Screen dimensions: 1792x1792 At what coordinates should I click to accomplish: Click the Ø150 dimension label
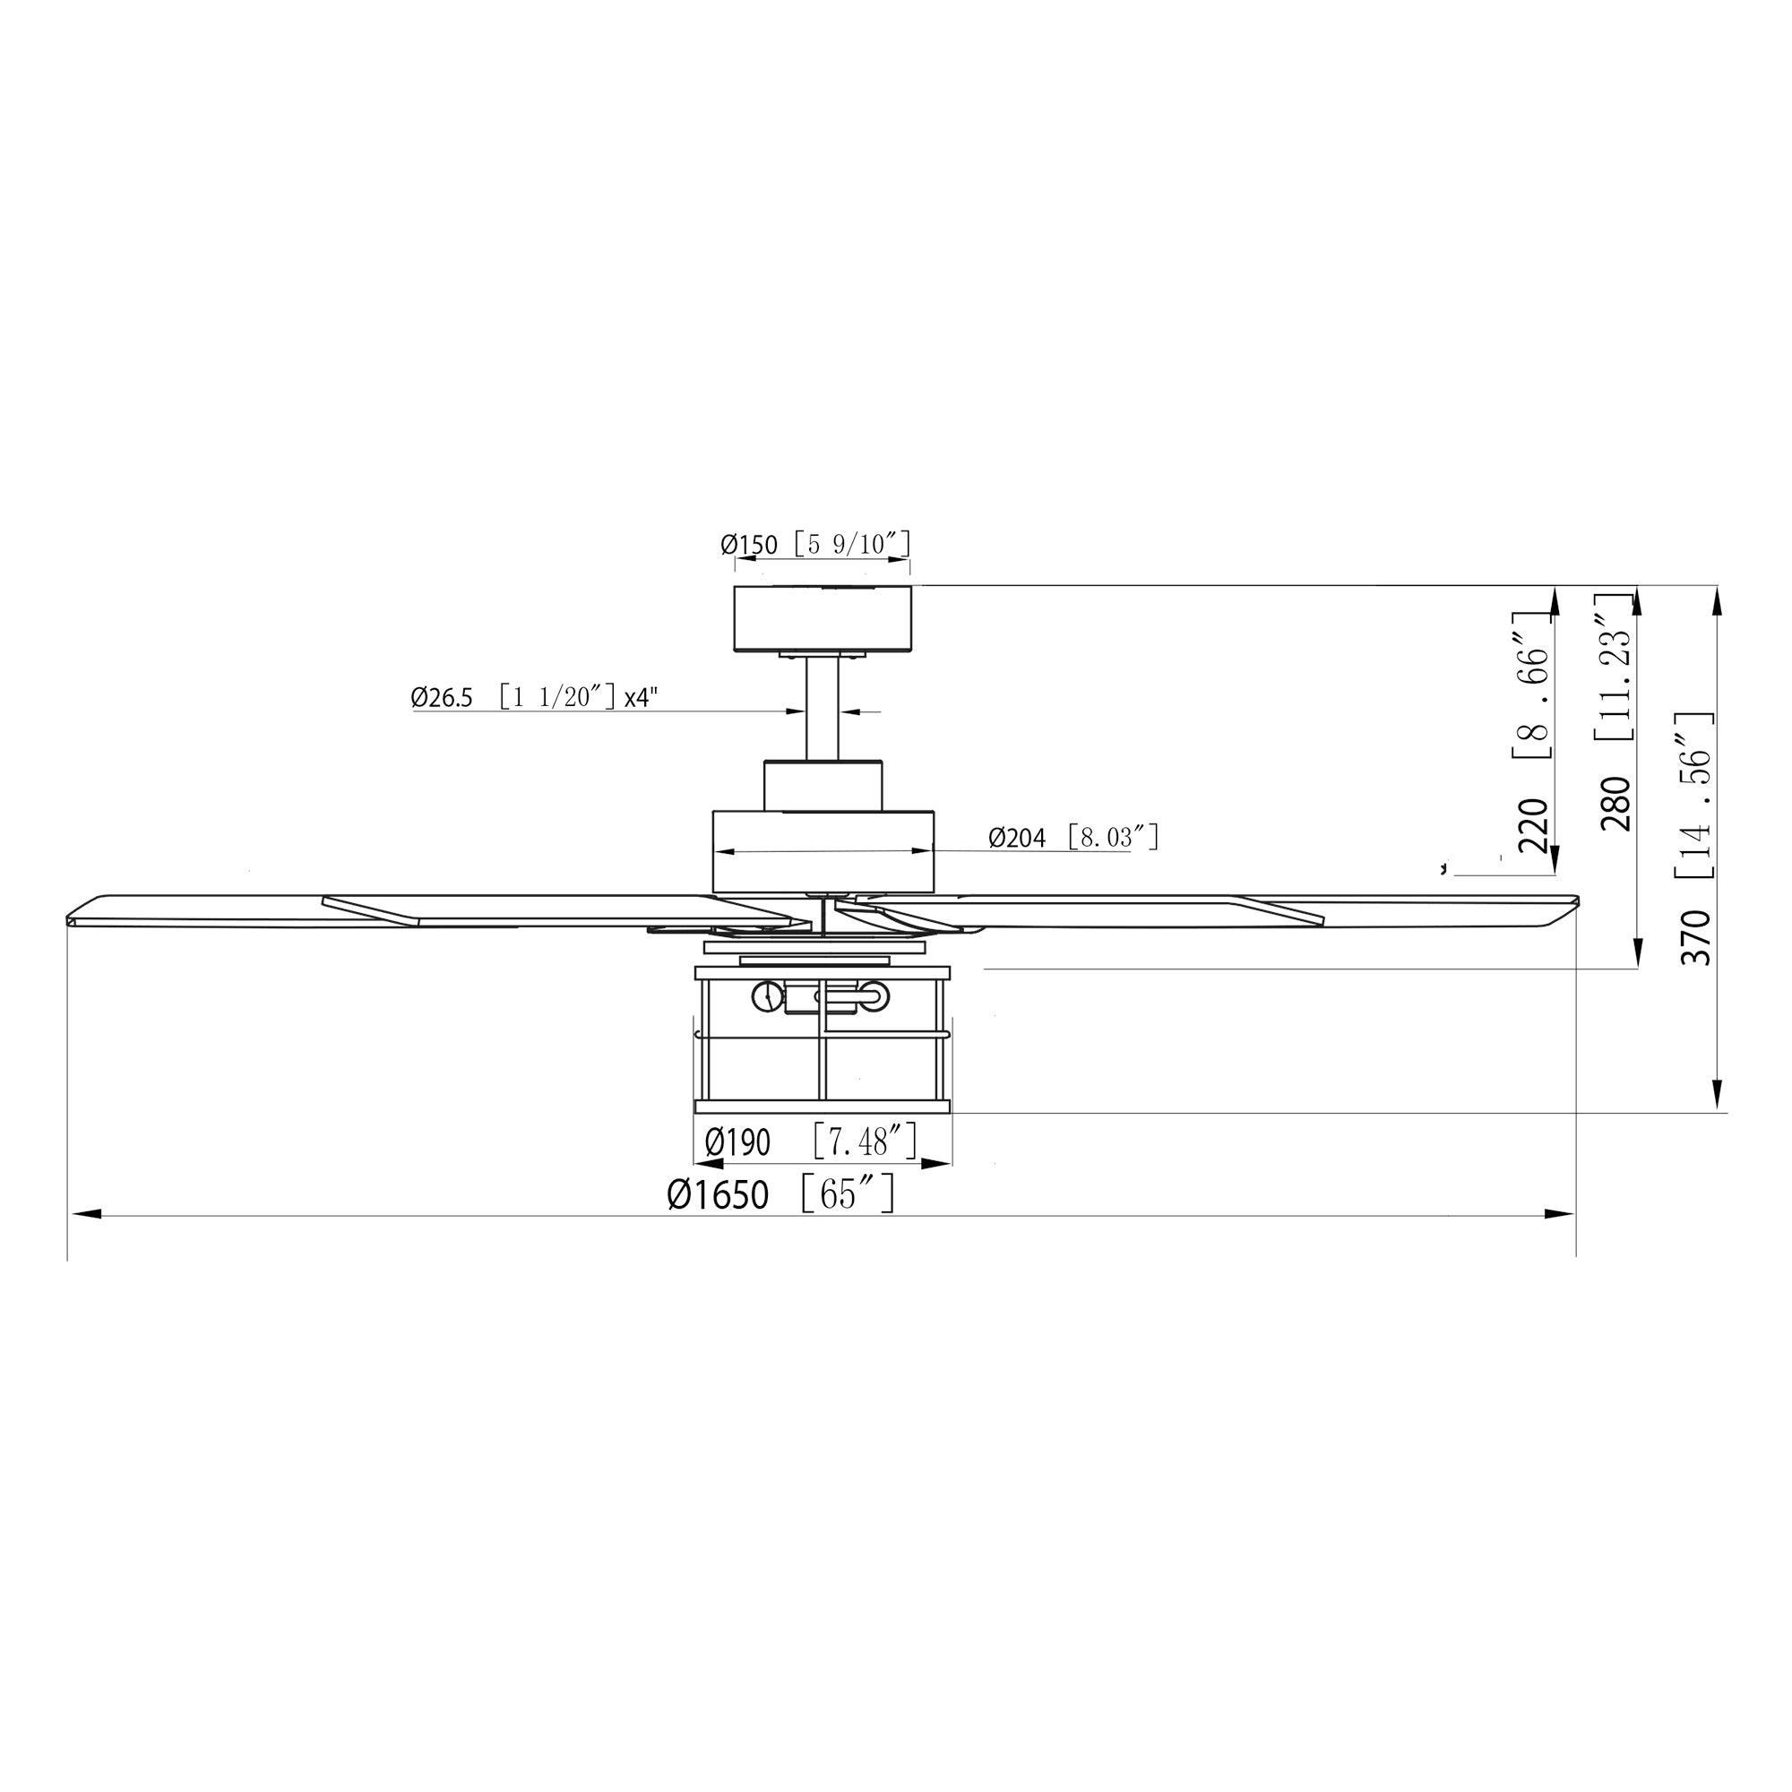(748, 545)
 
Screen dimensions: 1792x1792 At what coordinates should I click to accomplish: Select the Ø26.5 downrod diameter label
(442, 697)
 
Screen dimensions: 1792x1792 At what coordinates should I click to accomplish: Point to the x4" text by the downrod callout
(640, 697)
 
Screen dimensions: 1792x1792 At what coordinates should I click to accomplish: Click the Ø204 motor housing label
(1017, 839)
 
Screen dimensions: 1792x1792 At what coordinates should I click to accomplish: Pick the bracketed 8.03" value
(1113, 838)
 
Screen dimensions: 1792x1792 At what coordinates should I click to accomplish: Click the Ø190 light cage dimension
(737, 1142)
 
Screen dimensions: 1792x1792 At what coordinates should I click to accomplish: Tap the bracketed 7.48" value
(866, 1142)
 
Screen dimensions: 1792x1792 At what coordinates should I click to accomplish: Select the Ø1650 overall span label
(718, 1195)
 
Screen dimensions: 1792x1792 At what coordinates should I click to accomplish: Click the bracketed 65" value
(848, 1193)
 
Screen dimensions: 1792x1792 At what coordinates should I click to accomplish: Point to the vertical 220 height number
(1532, 825)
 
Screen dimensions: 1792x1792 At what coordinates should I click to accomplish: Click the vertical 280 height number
(1615, 803)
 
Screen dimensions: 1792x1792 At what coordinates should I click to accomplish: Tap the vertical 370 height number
(1696, 938)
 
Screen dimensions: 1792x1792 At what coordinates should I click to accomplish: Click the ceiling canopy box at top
(822, 617)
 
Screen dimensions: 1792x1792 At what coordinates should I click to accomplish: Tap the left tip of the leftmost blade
(73, 920)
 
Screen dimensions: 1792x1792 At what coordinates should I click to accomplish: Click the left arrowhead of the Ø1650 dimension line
(85, 1213)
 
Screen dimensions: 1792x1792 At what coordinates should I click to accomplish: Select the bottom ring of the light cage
(823, 1106)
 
